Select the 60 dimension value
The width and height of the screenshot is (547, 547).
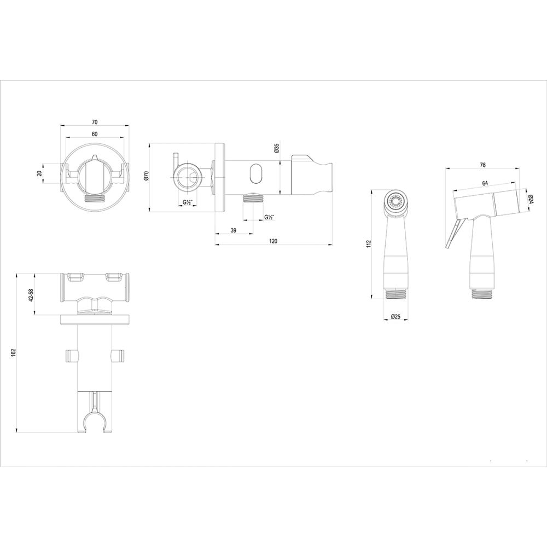coord(95,134)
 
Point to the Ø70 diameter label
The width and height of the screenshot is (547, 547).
coord(146,176)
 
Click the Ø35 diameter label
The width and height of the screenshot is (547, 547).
coord(277,148)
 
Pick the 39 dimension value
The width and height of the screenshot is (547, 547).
coord(233,231)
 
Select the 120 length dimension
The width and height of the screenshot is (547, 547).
coord(273,241)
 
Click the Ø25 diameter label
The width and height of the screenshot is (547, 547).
coord(397,316)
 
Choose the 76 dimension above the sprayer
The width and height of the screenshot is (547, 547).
coord(483,164)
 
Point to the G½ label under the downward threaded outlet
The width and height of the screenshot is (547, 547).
coord(269,217)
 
